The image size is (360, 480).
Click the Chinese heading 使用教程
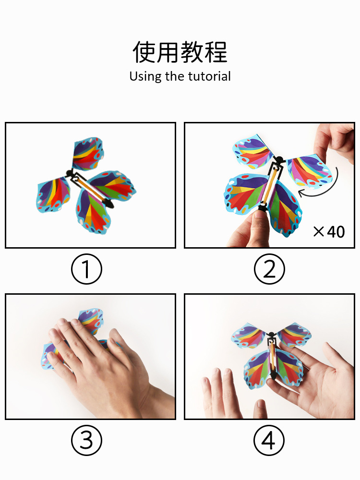click(x=180, y=52)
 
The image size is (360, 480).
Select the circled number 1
click(x=86, y=269)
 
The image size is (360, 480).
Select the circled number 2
click(x=269, y=269)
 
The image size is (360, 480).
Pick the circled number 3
click(x=86, y=441)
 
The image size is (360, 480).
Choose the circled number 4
click(x=269, y=441)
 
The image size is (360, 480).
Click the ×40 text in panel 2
click(x=329, y=232)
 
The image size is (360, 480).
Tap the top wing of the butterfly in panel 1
click(x=88, y=154)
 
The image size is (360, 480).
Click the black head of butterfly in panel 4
click(x=271, y=334)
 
